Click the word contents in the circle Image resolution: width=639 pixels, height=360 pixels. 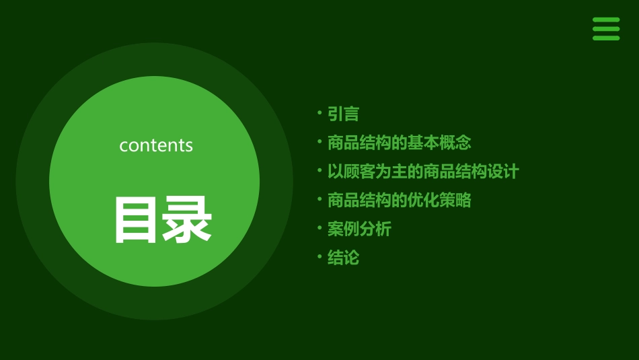coord(156,145)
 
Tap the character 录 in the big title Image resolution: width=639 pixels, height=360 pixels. coord(187,220)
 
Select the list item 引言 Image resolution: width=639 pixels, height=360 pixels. coord(343,114)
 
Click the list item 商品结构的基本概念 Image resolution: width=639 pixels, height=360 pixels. coord(399,143)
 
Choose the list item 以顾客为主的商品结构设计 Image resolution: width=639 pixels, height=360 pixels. coord(422,172)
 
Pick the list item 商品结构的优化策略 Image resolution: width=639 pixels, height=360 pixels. coord(399,200)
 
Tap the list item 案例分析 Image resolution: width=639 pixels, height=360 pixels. coord(359,229)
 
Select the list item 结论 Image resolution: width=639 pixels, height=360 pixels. coord(343,258)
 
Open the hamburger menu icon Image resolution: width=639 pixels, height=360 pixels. coord(605,29)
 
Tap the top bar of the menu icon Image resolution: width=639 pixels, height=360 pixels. coord(605,20)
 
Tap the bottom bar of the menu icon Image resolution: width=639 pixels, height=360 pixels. coord(605,38)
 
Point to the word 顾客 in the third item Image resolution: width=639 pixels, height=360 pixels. coord(359,172)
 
